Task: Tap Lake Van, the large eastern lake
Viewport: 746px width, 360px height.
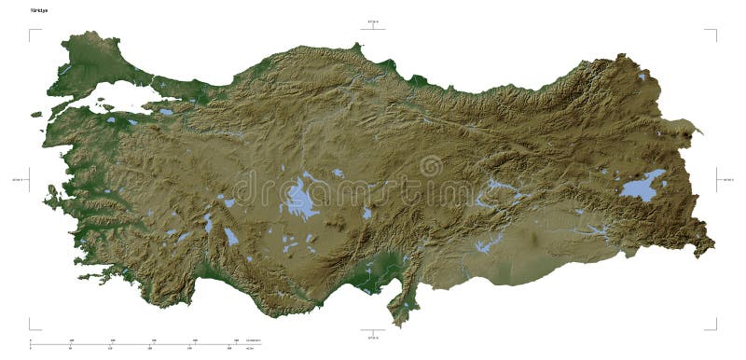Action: [x=643, y=187]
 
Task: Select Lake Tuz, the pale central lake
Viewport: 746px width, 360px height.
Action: [x=300, y=199]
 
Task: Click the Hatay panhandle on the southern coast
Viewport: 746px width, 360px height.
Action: [x=401, y=303]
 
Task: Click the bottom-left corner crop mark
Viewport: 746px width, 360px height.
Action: [x=31, y=326]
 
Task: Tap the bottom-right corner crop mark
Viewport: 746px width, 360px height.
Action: [x=715, y=326]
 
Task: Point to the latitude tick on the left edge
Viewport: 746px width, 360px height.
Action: [x=27, y=179]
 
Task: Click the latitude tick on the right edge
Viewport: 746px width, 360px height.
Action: [x=719, y=179]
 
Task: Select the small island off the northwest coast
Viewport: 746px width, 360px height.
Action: [x=36, y=115]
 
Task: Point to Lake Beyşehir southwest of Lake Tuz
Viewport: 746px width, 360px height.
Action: [x=230, y=236]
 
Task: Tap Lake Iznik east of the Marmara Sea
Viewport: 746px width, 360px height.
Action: [x=166, y=112]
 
